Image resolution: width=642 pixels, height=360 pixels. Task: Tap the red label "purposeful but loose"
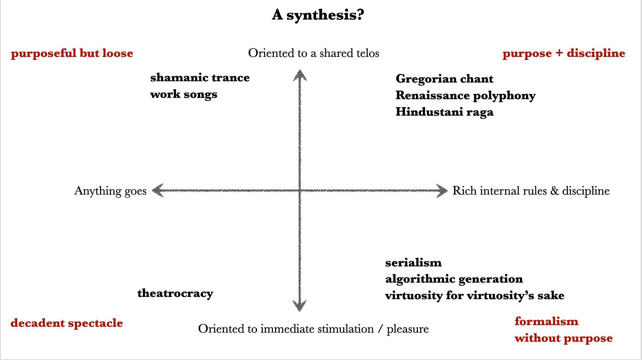(72, 53)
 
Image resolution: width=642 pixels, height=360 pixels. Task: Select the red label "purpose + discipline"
(564, 53)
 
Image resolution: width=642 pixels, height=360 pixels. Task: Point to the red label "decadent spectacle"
(67, 323)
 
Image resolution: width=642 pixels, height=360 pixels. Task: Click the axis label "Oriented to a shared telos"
(314, 53)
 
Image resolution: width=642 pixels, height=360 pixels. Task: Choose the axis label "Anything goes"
(110, 191)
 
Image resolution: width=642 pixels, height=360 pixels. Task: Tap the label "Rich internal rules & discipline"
(531, 191)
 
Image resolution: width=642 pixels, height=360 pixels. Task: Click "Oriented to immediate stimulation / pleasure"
(313, 329)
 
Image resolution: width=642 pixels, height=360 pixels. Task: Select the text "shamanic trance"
(200, 78)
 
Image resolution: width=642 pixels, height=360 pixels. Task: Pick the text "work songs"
(183, 94)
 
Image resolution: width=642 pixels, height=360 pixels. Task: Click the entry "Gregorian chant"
(444, 79)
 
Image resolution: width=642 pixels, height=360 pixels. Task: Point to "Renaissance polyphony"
(465, 95)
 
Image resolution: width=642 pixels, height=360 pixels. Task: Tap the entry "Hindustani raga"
(444, 112)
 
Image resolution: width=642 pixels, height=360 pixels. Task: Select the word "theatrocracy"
(175, 293)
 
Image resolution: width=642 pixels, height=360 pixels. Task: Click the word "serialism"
(413, 262)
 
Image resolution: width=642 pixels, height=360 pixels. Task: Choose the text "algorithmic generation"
(454, 279)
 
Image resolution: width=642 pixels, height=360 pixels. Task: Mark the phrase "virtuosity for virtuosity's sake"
(474, 295)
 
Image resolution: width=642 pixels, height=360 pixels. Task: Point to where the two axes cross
(300, 191)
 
